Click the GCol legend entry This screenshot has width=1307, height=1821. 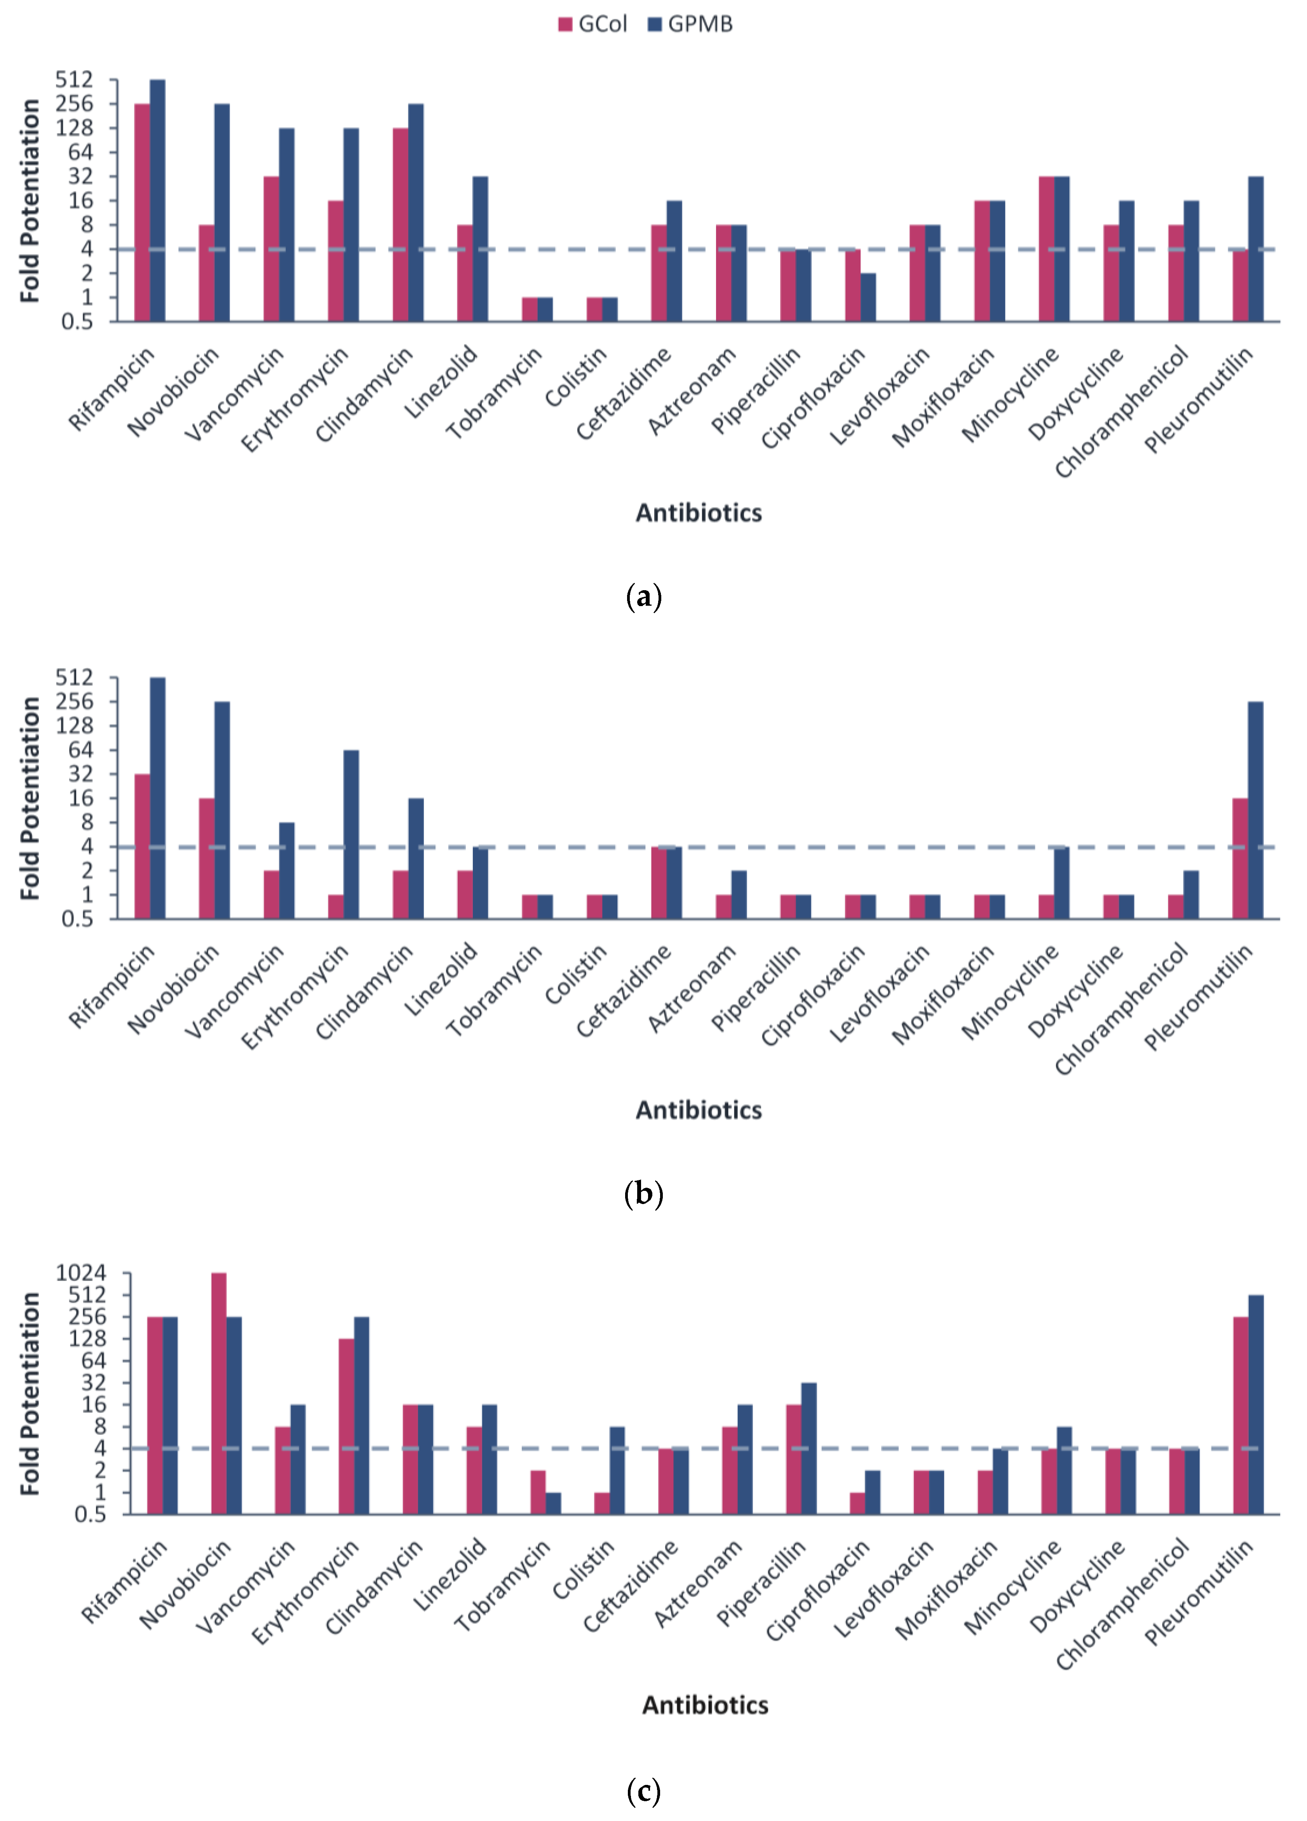coord(593,24)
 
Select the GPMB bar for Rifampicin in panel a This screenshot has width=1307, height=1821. coord(157,201)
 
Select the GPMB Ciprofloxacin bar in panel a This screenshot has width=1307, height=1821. coord(868,297)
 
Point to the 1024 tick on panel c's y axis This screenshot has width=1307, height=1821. coord(80,1273)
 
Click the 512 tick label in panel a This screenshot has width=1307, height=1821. coord(74,80)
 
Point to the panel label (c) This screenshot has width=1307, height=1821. coord(643,1790)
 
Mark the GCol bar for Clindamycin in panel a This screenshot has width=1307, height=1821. coord(400,225)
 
